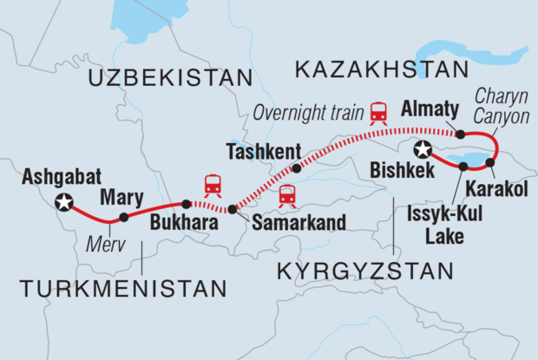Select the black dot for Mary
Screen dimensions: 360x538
click(124, 217)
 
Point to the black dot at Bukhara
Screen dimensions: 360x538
click(186, 205)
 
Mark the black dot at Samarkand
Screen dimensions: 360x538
click(232, 209)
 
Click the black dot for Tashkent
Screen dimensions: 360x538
click(297, 168)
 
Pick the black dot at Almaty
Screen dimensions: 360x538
click(461, 134)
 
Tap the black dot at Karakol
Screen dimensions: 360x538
click(490, 162)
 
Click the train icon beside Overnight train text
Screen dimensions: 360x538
click(378, 112)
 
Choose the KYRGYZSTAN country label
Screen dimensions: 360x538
click(365, 272)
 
